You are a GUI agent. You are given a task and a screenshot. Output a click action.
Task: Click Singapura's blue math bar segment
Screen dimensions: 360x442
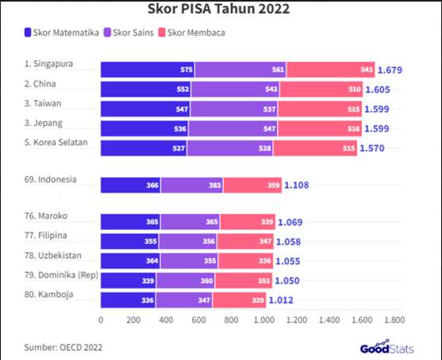pyautogui.click(x=147, y=70)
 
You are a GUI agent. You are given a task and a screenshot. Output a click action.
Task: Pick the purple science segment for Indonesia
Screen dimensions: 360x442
pyautogui.click(x=191, y=185)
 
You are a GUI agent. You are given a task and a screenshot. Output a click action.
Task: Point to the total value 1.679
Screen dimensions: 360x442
pyautogui.click(x=390, y=70)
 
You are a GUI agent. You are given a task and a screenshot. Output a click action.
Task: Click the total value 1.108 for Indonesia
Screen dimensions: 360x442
pyautogui.click(x=301, y=185)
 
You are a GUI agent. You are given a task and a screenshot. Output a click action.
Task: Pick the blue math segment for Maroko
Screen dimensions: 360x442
pyautogui.click(x=130, y=222)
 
